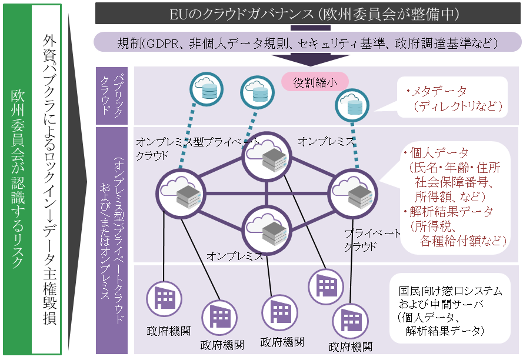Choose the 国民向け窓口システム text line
pyautogui.click(x=451, y=291)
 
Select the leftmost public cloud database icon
pyautogui.click(x=206, y=88)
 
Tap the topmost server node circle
pyautogui.click(x=267, y=157)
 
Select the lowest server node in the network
pyautogui.click(x=267, y=226)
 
